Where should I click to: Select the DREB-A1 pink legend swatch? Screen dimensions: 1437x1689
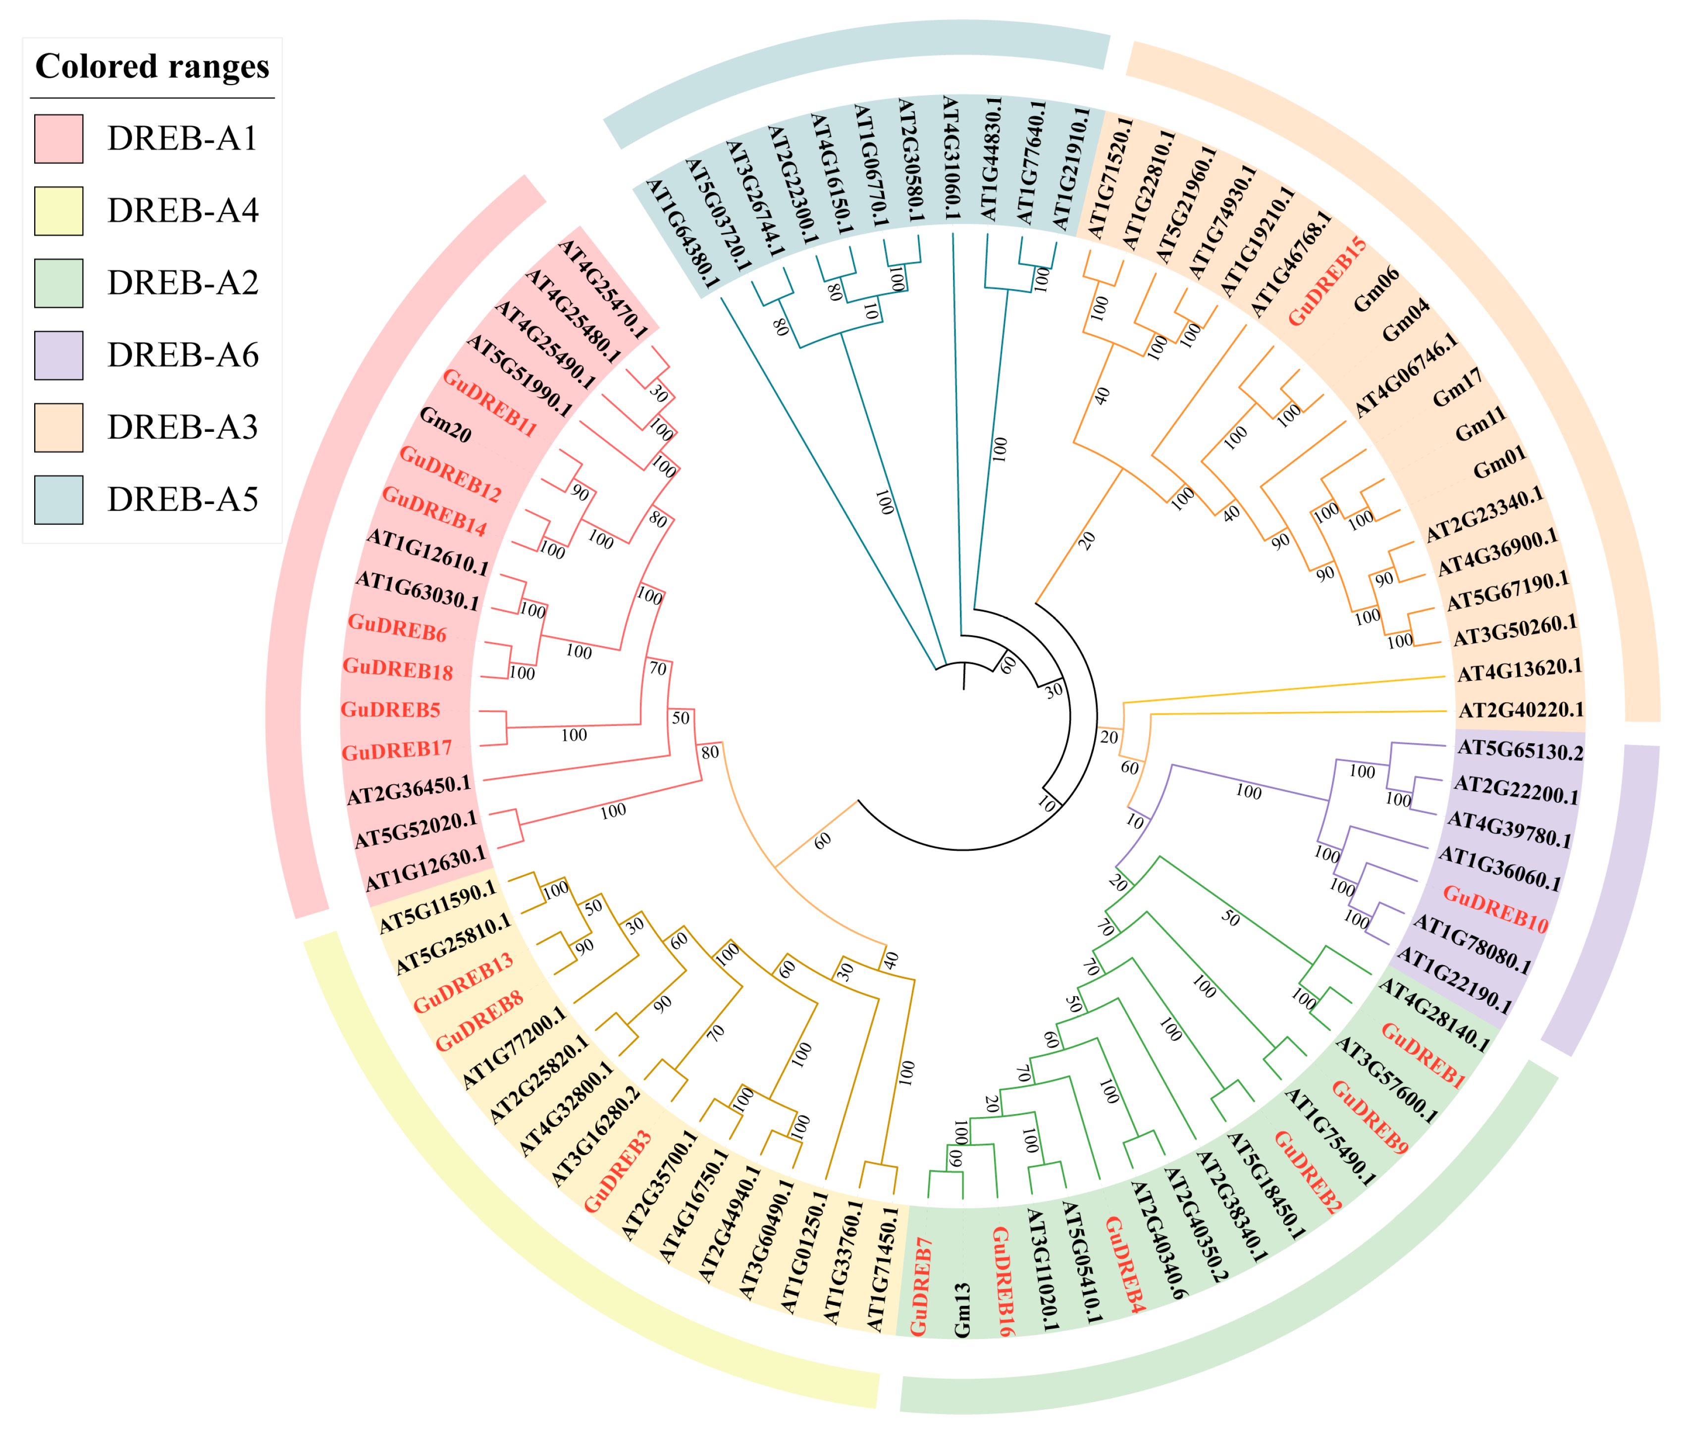click(x=58, y=139)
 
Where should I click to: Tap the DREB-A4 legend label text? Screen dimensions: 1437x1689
click(x=182, y=210)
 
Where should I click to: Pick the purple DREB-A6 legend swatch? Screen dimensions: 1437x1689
click(x=58, y=355)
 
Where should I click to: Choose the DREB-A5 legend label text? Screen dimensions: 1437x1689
click(x=182, y=499)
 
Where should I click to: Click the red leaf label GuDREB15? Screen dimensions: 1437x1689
click(x=1326, y=281)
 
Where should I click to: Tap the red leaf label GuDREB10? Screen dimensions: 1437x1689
click(x=1495, y=908)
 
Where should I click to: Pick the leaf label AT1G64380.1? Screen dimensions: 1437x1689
click(x=682, y=235)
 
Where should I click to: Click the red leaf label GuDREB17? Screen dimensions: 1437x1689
click(x=396, y=750)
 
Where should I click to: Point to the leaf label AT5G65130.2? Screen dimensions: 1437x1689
click(x=1520, y=750)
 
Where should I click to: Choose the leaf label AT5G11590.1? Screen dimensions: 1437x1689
click(x=437, y=906)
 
